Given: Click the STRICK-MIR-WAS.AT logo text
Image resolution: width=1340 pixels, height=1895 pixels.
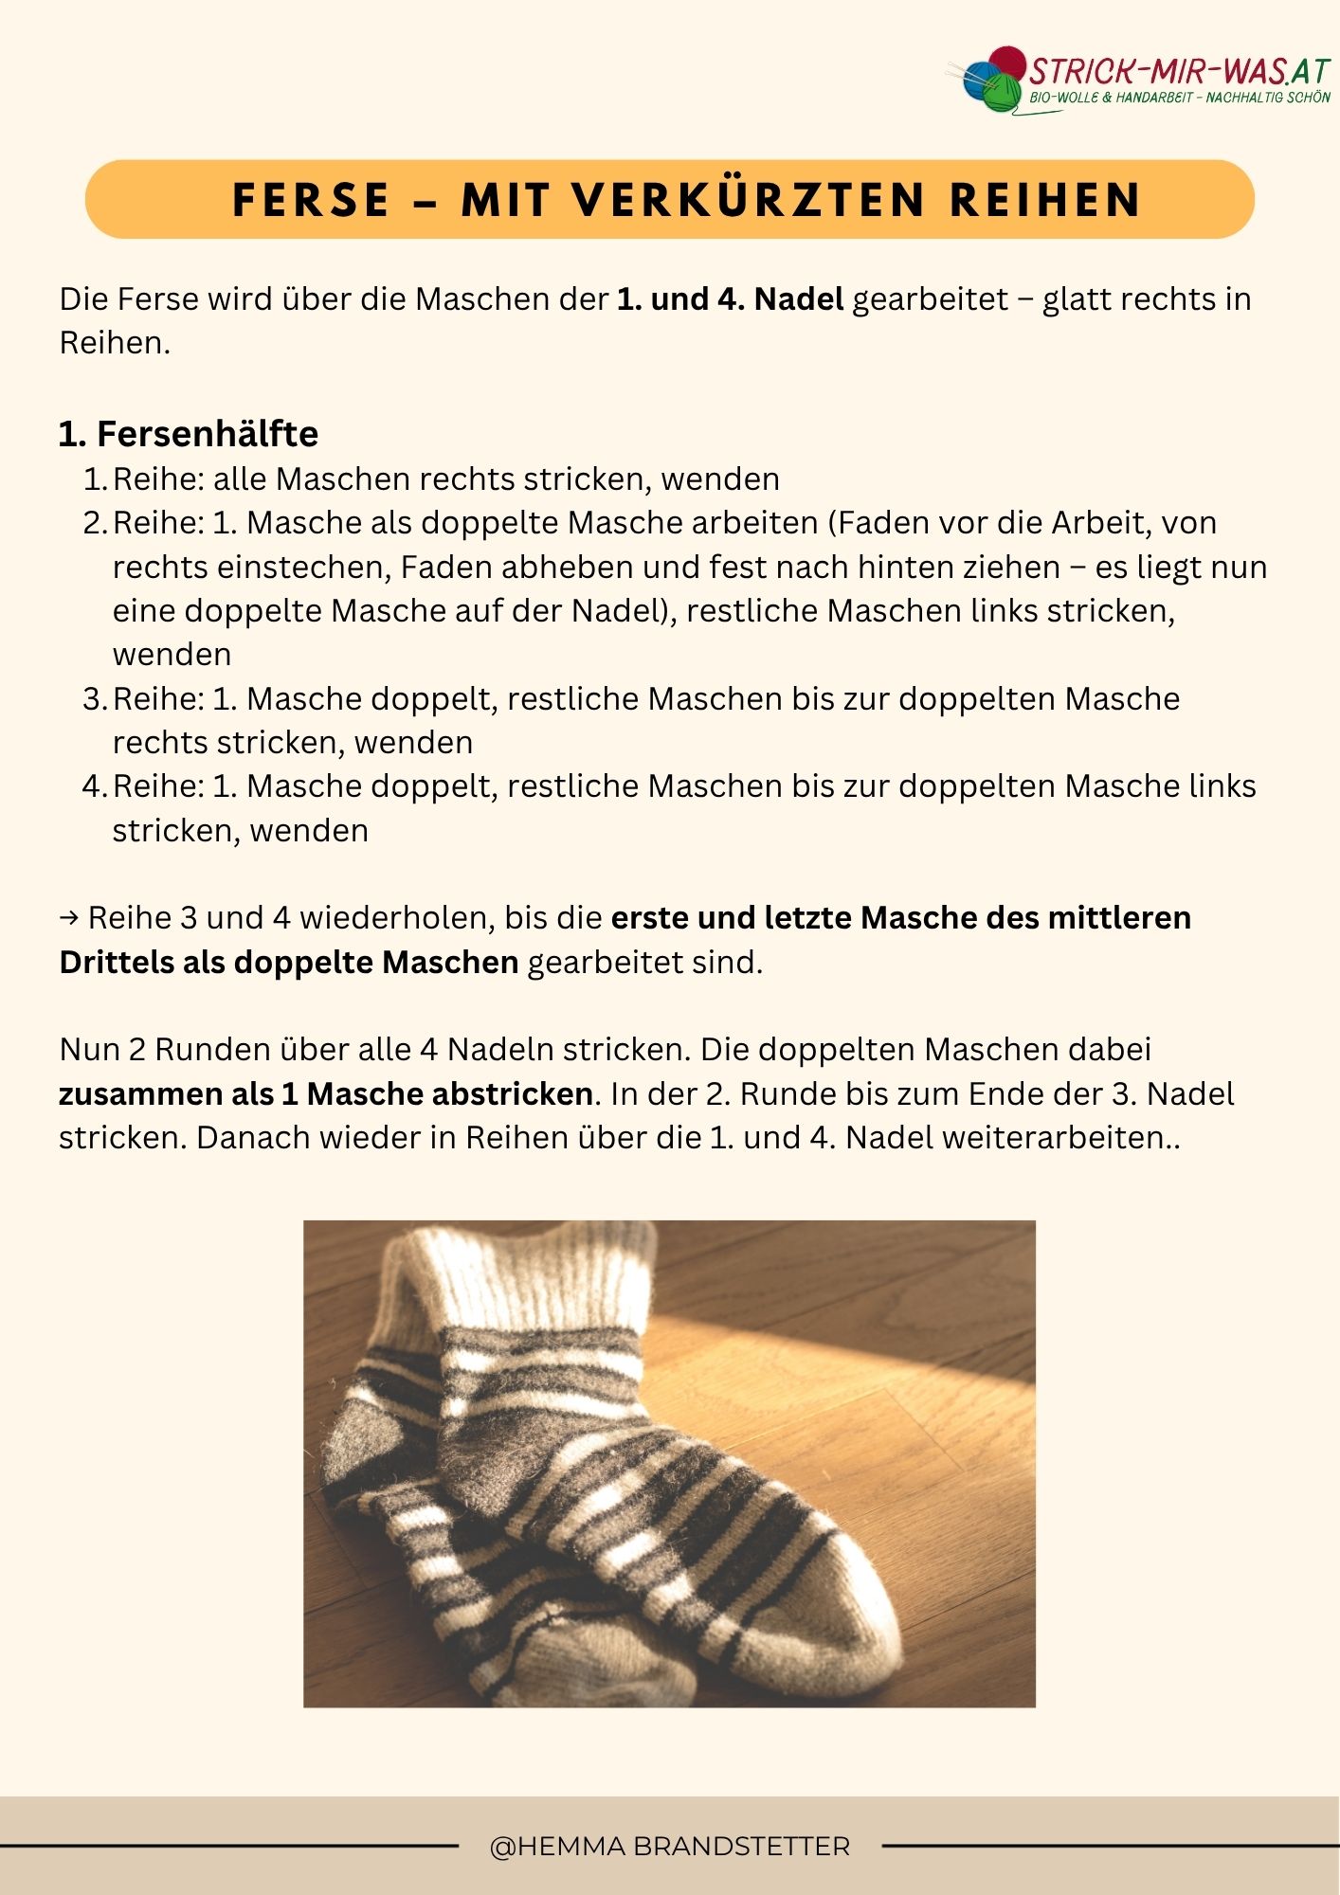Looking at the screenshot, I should [1180, 72].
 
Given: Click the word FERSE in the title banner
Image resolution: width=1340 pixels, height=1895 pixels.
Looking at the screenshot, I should [311, 200].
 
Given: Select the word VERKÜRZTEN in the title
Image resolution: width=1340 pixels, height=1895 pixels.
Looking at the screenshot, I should [749, 200].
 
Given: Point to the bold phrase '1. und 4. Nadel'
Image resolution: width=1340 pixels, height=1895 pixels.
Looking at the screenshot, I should [730, 299].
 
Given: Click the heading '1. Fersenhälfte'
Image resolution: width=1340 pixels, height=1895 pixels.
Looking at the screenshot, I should [189, 434].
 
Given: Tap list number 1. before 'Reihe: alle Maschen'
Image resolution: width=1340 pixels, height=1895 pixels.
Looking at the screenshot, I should [96, 479].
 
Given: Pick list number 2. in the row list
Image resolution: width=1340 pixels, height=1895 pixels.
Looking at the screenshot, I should [96, 523].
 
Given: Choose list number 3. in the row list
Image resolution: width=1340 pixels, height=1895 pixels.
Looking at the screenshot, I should [96, 699].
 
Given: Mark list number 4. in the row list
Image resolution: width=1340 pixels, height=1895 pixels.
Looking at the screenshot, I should [96, 786].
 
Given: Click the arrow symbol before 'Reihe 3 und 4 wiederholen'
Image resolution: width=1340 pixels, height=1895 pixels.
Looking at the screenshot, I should [69, 918].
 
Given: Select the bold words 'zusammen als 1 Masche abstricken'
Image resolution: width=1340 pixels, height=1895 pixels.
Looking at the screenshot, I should [326, 1094].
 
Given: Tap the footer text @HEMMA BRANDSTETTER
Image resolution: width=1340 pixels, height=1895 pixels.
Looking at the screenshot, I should [670, 1846].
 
